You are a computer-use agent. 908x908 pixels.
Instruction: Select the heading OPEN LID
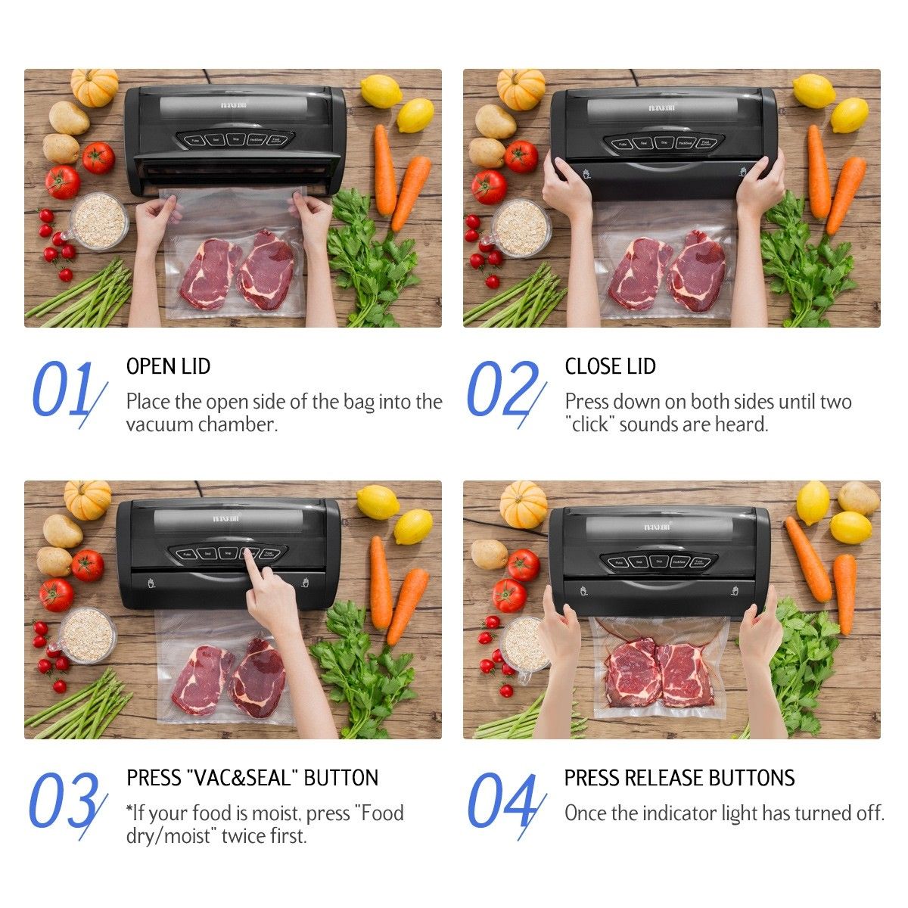(x=168, y=366)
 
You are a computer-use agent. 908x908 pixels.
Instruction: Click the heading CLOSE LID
(x=610, y=366)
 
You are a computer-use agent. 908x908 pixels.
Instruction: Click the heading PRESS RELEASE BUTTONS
(x=679, y=778)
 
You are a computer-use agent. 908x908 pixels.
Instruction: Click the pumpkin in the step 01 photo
(x=95, y=86)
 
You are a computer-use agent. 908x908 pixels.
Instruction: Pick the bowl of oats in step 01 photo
(x=98, y=219)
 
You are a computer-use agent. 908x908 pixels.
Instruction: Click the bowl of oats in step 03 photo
(x=86, y=634)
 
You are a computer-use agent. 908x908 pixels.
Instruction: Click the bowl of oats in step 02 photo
(x=521, y=226)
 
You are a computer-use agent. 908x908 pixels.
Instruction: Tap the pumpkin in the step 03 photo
(x=87, y=499)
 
